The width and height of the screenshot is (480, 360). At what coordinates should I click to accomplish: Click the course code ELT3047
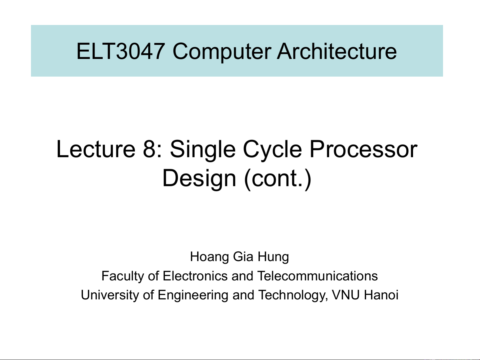point(121,51)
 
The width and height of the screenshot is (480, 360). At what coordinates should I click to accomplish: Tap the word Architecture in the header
point(337,51)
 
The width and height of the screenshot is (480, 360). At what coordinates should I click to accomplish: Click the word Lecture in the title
point(96,149)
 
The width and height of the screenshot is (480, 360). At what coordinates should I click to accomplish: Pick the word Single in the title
point(203,150)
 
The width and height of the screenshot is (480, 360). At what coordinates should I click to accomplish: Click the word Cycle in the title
point(272,150)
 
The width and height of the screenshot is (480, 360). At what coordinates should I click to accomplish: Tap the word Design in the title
point(199,179)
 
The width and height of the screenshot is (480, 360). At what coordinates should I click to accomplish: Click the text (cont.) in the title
point(277,179)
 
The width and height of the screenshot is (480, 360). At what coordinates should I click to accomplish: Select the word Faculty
point(123,276)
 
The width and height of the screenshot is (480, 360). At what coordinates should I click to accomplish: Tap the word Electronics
point(195,276)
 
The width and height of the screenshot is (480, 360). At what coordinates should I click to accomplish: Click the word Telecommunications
point(317,276)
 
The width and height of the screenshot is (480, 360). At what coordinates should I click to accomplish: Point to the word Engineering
point(193,295)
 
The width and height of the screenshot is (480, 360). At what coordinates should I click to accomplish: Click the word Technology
point(293,295)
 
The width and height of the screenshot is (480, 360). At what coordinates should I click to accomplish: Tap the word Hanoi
point(381,295)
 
